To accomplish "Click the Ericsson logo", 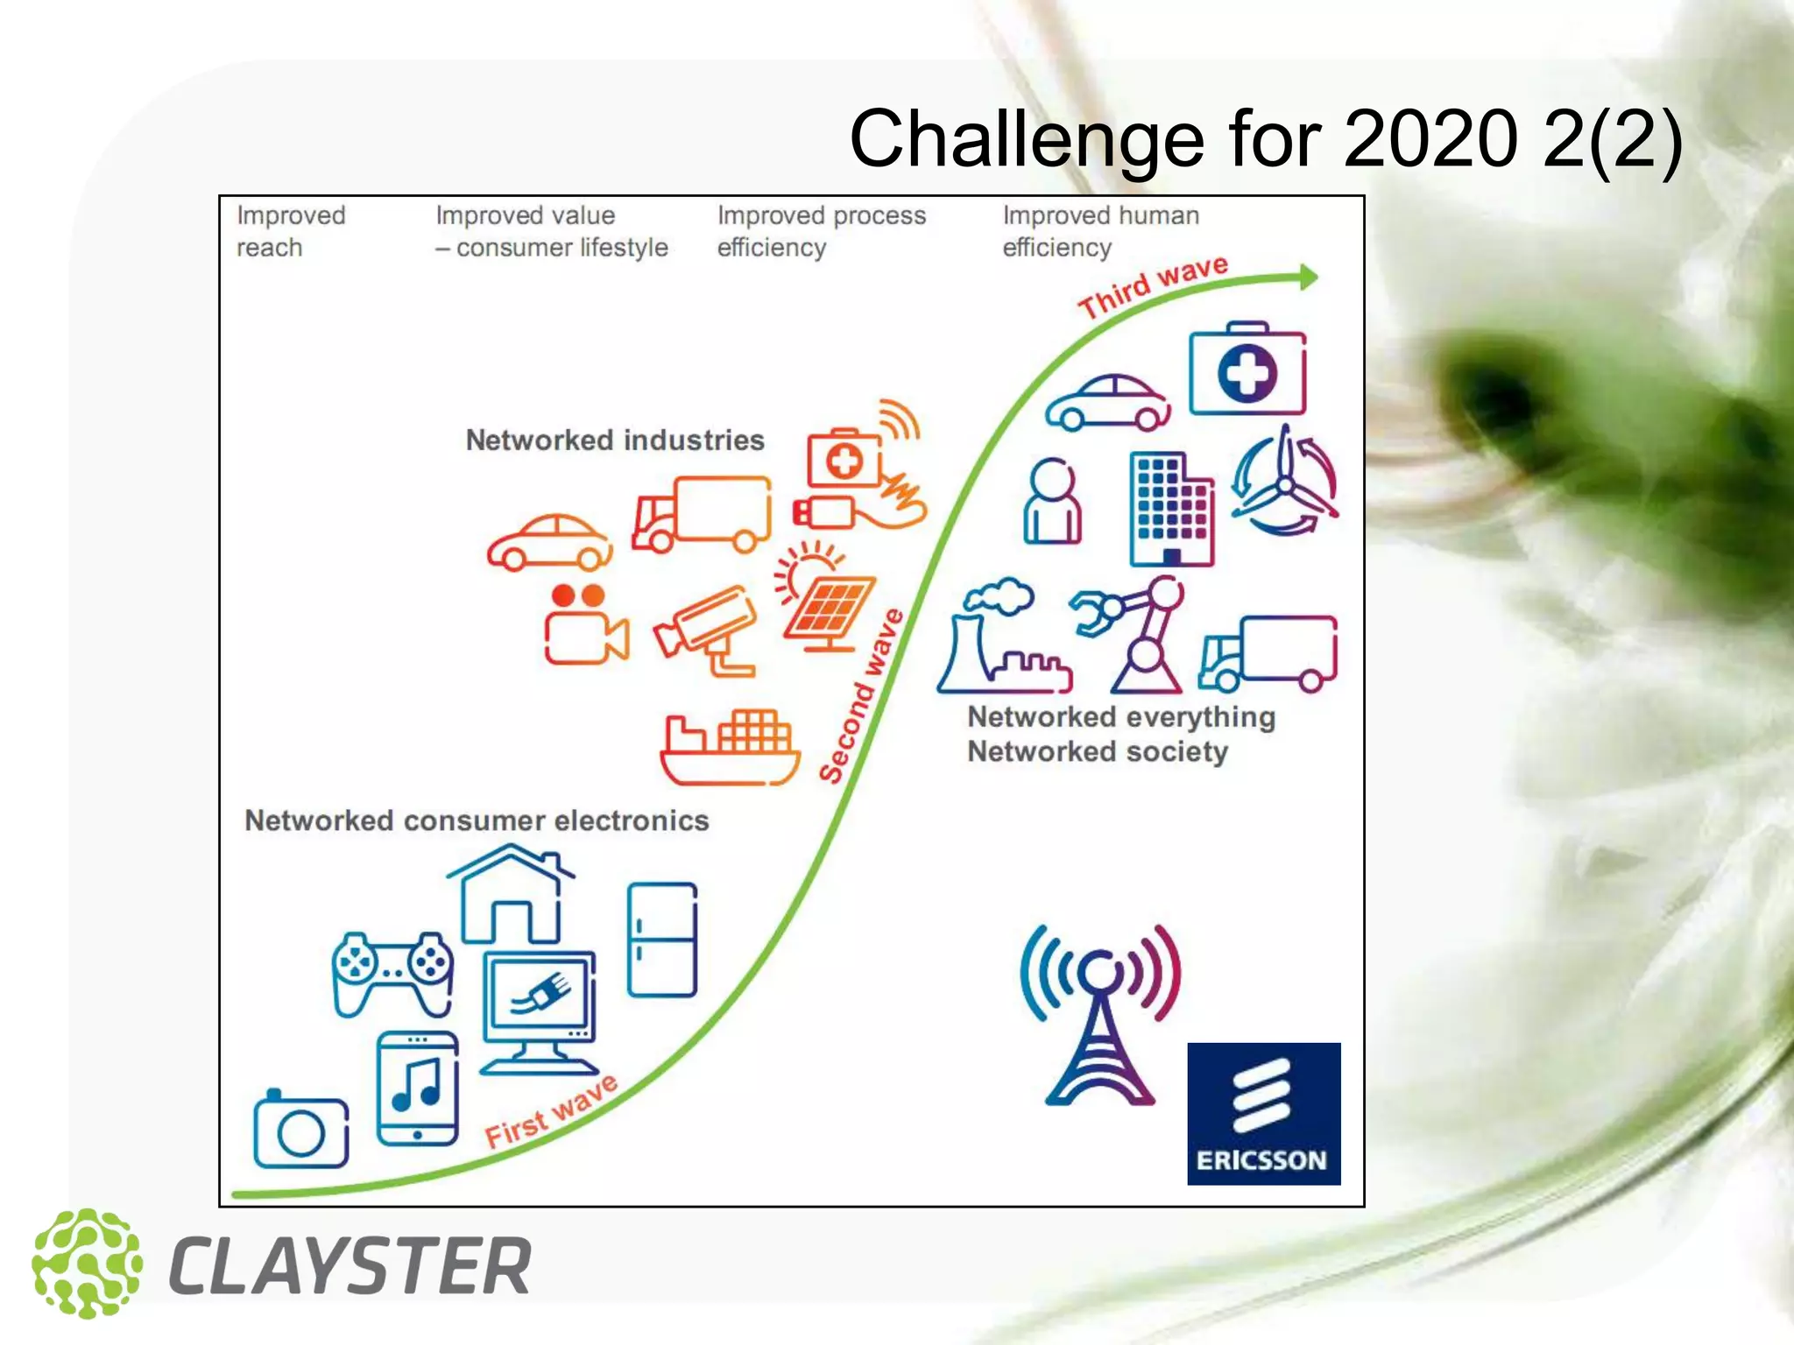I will tap(1263, 1113).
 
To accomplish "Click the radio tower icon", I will tap(1100, 1016).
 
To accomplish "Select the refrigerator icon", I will tap(662, 940).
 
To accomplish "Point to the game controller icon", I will tap(392, 972).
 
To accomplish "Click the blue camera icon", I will tap(300, 1130).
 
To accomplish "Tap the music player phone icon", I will tap(417, 1088).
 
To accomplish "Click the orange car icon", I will tap(550, 542).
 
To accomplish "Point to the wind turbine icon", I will tap(1284, 482).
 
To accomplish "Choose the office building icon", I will tap(1171, 509).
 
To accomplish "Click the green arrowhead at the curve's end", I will tap(1308, 278).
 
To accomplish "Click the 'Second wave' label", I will tap(861, 695).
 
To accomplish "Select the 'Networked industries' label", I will tap(614, 440).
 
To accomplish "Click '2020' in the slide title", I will tap(1430, 138).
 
